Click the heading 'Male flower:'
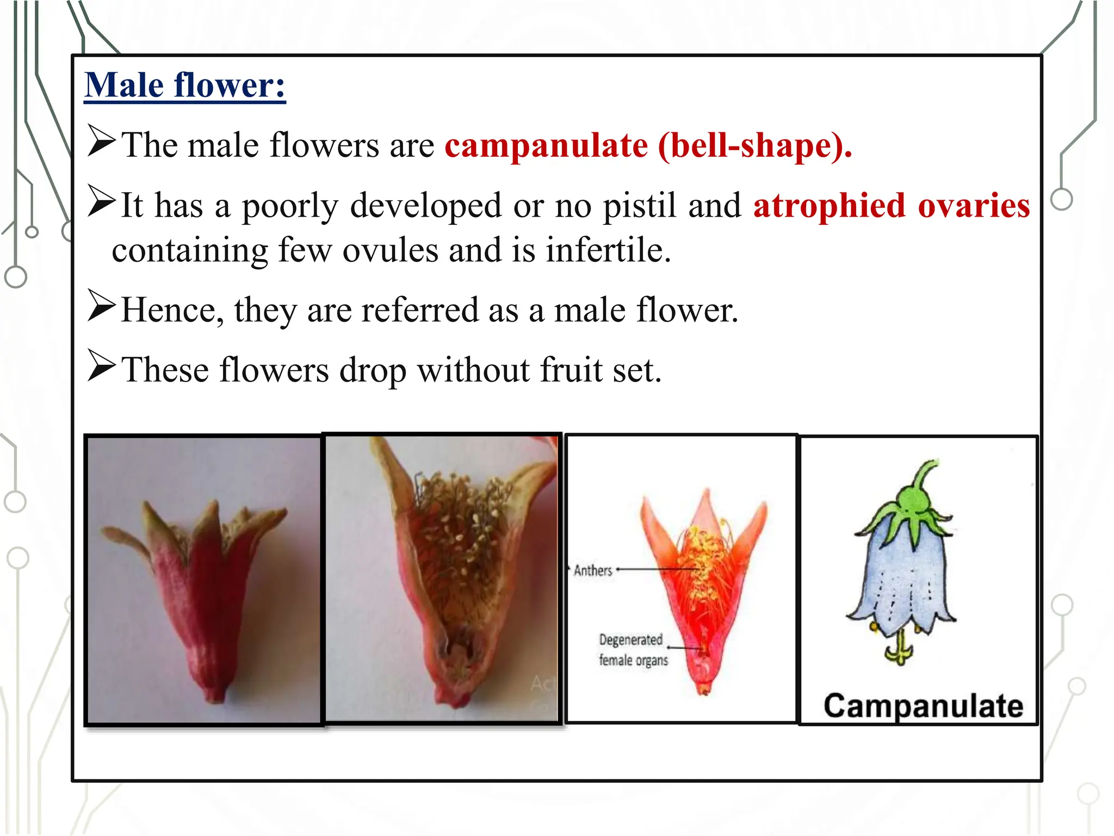[185, 85]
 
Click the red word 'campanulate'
[546, 146]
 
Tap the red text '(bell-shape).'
[755, 146]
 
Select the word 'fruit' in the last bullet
[571, 370]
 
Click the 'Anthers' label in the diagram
[593, 570]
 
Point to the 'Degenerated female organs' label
[633, 649]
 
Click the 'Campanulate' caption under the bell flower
[923, 706]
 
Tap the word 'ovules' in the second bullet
[390, 250]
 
